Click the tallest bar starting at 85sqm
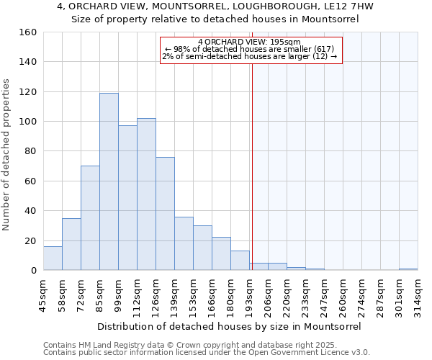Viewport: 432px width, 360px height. (x=109, y=181)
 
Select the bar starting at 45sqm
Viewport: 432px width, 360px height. (x=53, y=258)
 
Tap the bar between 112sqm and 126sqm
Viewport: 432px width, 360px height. (x=146, y=194)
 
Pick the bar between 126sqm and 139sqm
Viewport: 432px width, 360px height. (x=165, y=214)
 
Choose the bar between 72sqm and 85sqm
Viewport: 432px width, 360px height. (x=90, y=218)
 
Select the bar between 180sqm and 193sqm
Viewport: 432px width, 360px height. (x=240, y=261)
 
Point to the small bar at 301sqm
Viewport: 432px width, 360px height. (x=408, y=269)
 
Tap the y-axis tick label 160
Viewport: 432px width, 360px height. (x=28, y=32)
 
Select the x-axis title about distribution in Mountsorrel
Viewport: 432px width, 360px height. (x=228, y=326)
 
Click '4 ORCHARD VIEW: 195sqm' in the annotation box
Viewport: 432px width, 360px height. (x=249, y=42)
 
